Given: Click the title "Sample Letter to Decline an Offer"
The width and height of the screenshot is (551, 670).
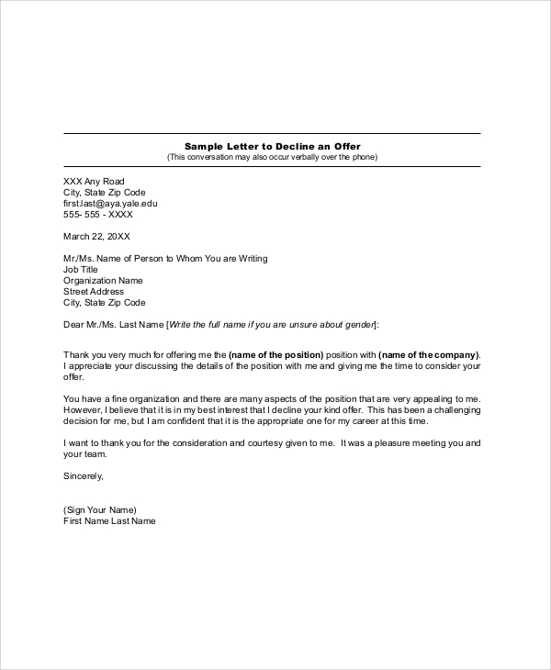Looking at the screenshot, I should point(272,146).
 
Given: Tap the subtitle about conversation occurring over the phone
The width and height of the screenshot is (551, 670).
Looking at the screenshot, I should point(272,157).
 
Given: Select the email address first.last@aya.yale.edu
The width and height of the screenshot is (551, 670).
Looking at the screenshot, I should point(110,203).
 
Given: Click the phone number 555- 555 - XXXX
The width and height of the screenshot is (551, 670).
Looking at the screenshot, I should point(97,214).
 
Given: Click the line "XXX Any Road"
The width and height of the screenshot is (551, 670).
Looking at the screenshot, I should point(94,181).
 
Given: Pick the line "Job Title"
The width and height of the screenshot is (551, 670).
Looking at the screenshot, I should point(82,270).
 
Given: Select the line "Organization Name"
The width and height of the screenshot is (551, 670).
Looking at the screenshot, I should point(103,281).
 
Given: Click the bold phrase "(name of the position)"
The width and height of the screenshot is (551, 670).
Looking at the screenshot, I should point(275,354).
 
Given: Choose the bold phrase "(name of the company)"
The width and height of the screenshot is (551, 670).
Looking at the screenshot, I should point(428,354).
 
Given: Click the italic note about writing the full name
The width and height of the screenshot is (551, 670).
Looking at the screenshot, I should point(271,325).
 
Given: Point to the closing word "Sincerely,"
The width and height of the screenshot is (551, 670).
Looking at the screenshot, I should point(84,475).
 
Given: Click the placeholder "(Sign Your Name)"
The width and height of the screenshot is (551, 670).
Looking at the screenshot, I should point(100,509).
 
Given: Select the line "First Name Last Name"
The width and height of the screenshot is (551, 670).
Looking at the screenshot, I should point(109,520).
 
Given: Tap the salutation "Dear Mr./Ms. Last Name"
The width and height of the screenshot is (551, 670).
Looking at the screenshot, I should point(113,325).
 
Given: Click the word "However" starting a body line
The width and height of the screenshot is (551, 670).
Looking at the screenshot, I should point(81,376).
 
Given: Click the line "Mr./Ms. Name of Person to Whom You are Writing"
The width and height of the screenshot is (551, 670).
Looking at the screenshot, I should point(165,259).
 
